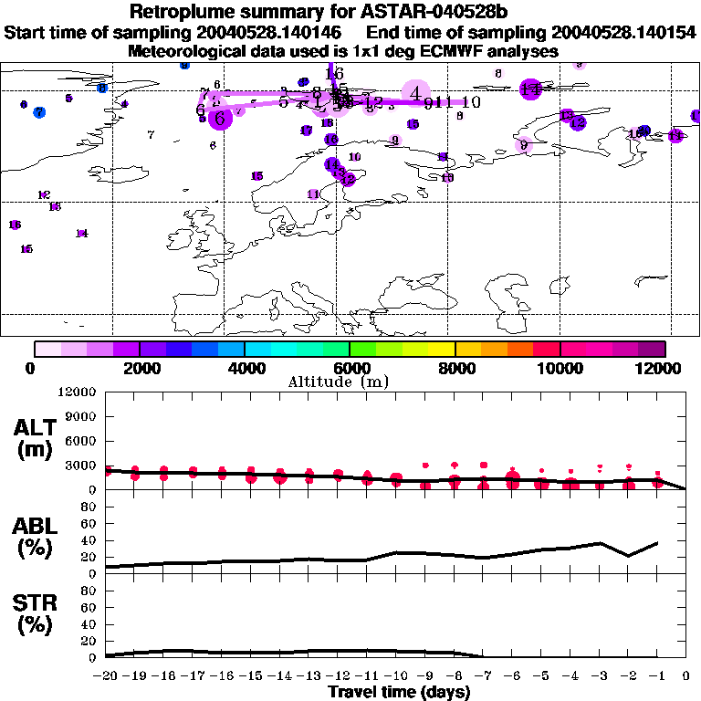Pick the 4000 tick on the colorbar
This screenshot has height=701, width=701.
tap(245, 368)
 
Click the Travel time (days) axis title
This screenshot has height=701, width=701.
tap(399, 692)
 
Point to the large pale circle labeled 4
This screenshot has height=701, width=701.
tap(415, 93)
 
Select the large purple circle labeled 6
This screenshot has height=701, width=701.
tap(220, 118)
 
